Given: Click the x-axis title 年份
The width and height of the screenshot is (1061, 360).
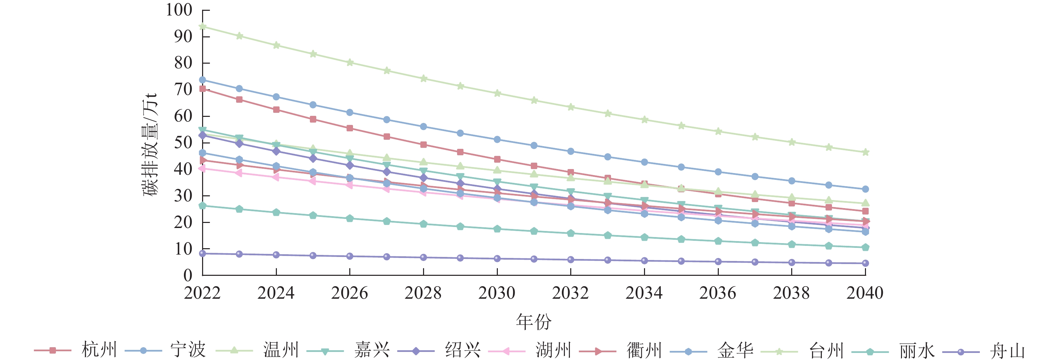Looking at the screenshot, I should [534, 322].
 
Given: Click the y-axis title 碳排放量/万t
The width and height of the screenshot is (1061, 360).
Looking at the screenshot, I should [150, 144].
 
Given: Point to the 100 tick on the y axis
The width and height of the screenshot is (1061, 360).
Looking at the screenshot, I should [179, 10].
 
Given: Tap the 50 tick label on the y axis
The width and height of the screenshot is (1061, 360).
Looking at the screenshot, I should [183, 142].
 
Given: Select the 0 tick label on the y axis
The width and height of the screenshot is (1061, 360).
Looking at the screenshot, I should [188, 275].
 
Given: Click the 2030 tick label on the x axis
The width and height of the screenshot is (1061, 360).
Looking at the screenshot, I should [497, 293].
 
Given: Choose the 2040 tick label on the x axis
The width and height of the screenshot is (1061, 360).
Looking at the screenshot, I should [865, 293].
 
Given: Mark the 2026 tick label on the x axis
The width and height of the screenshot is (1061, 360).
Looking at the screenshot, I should [349, 293].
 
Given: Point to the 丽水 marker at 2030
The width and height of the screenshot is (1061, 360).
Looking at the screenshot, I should [497, 229].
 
